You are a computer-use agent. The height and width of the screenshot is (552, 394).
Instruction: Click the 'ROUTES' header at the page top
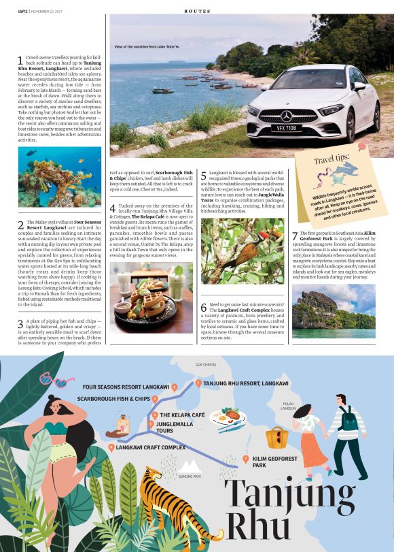[x=196, y=11]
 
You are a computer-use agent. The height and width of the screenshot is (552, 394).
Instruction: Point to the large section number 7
[x=295, y=237]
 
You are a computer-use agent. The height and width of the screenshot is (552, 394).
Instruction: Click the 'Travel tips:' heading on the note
[x=332, y=161]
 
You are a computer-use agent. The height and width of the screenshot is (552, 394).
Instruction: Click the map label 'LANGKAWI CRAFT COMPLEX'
[x=150, y=447]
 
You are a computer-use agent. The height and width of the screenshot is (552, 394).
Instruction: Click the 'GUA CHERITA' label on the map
[x=206, y=365]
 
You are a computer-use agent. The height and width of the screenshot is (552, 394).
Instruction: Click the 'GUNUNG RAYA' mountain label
[x=190, y=476]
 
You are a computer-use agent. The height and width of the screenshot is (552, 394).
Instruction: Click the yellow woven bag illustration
[x=276, y=437]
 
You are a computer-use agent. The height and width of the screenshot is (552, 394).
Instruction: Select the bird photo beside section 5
[x=243, y=251]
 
